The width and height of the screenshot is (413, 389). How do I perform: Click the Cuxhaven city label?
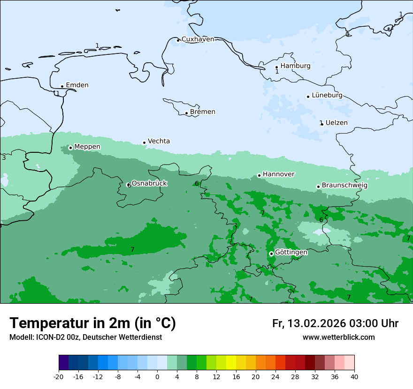pyautogui.click(x=198, y=39)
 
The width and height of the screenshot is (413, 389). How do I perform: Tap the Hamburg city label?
pyautogui.click(x=295, y=66)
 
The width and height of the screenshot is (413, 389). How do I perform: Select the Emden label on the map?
pyautogui.click(x=77, y=85)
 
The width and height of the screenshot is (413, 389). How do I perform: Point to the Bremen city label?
pyautogui.click(x=203, y=112)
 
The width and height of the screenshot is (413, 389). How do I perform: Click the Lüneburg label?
pyautogui.click(x=327, y=95)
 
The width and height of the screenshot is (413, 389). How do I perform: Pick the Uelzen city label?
pyautogui.click(x=337, y=123)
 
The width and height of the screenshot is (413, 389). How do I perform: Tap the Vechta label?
pyautogui.click(x=159, y=141)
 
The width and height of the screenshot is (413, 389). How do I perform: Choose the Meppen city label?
pyautogui.click(x=87, y=147)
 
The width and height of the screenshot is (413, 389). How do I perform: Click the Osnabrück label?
pyautogui.click(x=149, y=183)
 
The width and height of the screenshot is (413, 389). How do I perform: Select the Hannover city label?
pyautogui.click(x=278, y=174)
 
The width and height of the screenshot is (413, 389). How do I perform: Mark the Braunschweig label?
pyautogui.click(x=344, y=186)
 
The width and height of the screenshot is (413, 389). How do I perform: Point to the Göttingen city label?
pyautogui.click(x=291, y=252)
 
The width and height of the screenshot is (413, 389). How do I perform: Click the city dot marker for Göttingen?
pyautogui.click(x=271, y=254)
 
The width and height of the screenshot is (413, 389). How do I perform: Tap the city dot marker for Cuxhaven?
pyautogui.click(x=178, y=40)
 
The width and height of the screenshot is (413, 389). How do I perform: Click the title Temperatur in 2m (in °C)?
pyautogui.click(x=92, y=323)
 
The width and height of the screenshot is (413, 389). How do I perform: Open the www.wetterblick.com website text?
pyautogui.click(x=338, y=337)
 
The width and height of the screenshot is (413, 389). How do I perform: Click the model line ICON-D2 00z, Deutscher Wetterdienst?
pyautogui.click(x=85, y=337)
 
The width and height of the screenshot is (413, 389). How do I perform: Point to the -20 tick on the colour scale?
pyautogui.click(x=59, y=377)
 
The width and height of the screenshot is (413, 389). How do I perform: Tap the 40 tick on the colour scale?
pyautogui.click(x=354, y=377)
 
